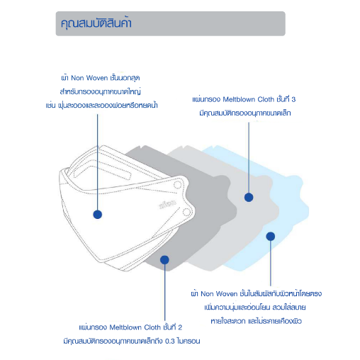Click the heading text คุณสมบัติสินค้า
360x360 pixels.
pos(96,23)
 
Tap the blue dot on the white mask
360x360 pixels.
pos(98,215)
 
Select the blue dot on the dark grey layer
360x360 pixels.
pos(164,260)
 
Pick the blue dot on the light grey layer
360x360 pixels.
pos(249,197)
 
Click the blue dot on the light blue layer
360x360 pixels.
pos(271,236)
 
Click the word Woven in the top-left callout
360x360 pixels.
pos(97,78)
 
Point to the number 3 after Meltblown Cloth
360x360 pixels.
pos(293,99)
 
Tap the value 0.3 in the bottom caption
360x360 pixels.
pos(170,342)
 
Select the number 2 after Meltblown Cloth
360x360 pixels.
pos(180,327)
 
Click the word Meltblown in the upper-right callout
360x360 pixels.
pos(239,99)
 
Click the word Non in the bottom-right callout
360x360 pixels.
pos(207,294)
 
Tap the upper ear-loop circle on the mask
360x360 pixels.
pos(177,184)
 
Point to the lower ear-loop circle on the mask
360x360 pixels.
pos(186,212)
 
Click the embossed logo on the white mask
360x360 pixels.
pos(167,205)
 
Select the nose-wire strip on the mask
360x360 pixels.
pos(103,172)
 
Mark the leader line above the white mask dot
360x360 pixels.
pos(98,162)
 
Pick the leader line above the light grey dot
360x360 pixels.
pos(249,157)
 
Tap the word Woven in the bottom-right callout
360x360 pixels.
pos(227,294)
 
